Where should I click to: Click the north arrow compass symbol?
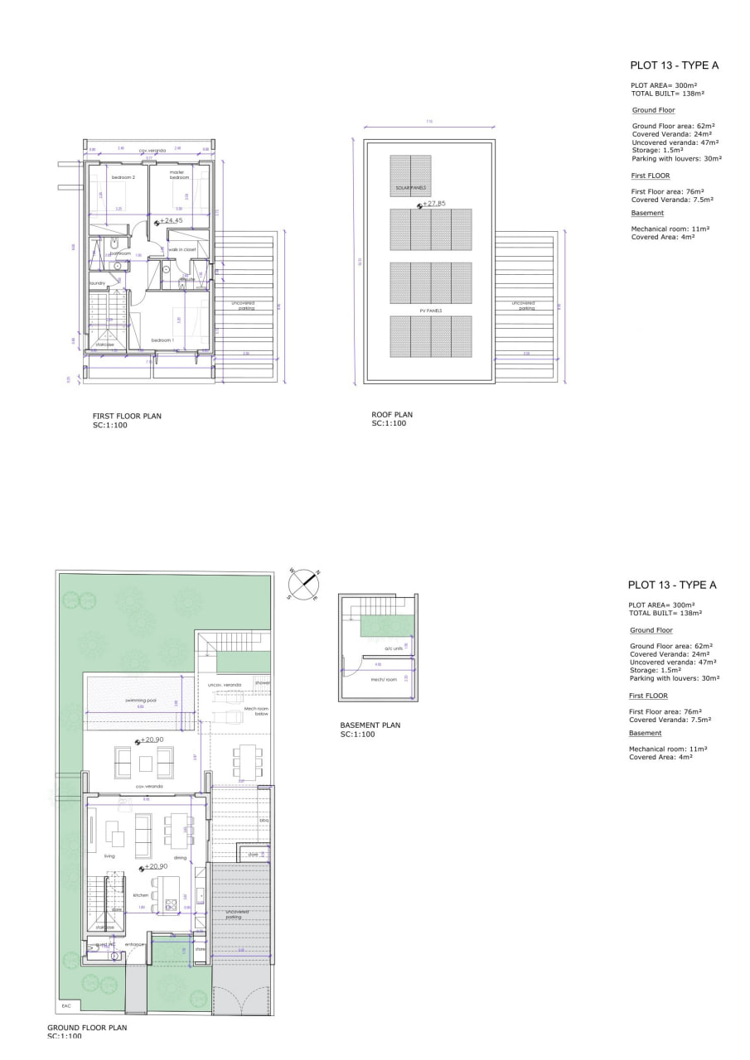(x=304, y=584)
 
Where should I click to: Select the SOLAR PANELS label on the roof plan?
(x=410, y=188)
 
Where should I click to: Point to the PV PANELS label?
(x=430, y=311)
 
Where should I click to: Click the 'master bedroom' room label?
(x=179, y=175)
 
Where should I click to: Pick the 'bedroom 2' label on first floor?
(x=123, y=177)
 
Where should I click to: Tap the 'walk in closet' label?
(x=181, y=249)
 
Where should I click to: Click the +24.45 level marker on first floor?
(x=170, y=221)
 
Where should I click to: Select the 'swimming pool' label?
(x=140, y=701)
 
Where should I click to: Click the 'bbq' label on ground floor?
(x=264, y=821)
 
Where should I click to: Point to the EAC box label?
(x=66, y=1006)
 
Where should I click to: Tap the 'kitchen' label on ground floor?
(x=141, y=895)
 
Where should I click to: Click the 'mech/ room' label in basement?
(x=385, y=680)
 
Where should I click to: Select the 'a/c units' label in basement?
(x=392, y=648)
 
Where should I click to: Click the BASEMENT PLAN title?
(x=370, y=725)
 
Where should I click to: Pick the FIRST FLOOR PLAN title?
(x=127, y=416)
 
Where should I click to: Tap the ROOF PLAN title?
(x=392, y=415)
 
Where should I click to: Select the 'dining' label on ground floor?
(x=180, y=858)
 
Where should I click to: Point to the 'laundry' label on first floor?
(x=97, y=283)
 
